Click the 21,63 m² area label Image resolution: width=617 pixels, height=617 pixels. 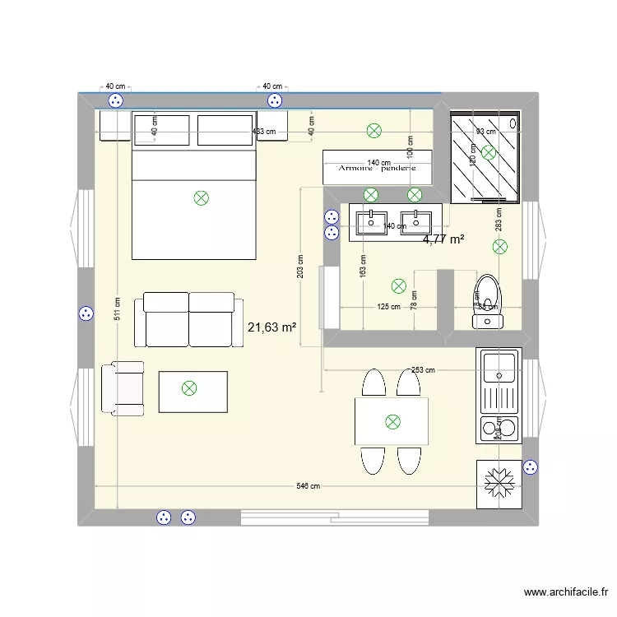(271, 327)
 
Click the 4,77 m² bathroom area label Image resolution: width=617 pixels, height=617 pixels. (443, 240)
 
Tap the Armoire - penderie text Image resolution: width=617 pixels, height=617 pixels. (378, 168)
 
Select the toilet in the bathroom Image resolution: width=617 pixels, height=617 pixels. (487, 299)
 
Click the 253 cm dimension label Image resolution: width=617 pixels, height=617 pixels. (423, 370)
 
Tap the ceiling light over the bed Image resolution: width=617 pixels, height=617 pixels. (200, 197)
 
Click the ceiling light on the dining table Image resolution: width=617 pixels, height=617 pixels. (392, 422)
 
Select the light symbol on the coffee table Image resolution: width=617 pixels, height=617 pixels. (189, 388)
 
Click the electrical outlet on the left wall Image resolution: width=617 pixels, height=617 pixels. (85, 314)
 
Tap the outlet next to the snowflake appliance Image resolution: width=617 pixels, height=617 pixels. (531, 467)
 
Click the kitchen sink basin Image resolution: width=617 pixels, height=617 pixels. (499, 367)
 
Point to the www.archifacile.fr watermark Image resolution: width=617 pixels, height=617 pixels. (566, 592)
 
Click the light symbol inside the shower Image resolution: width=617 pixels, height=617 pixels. (489, 152)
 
